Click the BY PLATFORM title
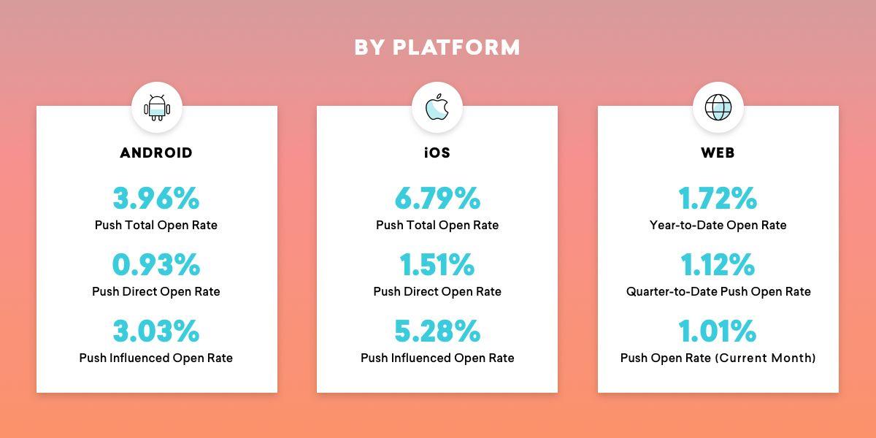[437, 47]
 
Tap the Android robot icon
[157, 107]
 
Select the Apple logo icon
[437, 107]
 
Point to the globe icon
[718, 107]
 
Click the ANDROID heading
[156, 153]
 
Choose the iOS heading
[437, 153]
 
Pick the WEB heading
[718, 153]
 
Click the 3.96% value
[156, 199]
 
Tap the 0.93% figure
[156, 265]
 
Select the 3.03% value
[156, 331]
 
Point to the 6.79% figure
[437, 199]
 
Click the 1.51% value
[437, 265]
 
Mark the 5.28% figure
[437, 331]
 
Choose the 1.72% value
[718, 199]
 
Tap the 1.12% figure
[718, 265]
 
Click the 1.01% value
[718, 331]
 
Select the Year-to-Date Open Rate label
[718, 226]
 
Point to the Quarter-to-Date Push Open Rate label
[718, 292]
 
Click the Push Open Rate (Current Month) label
[718, 358]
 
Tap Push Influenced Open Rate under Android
[156, 358]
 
